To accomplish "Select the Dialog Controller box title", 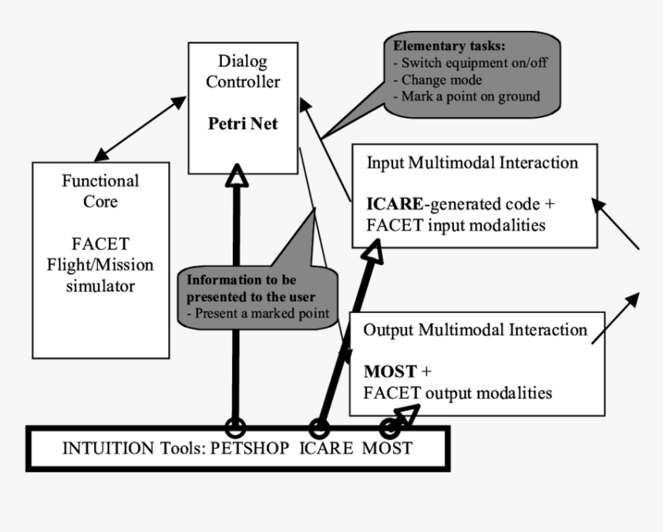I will [243, 70].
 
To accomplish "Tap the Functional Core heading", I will [101, 191].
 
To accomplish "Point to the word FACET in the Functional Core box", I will [101, 244].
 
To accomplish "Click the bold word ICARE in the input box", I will [395, 206].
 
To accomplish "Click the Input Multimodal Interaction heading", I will [472, 163].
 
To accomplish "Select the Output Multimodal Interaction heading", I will [475, 330].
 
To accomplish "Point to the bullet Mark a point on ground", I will [469, 96].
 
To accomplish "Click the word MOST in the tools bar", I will [388, 448].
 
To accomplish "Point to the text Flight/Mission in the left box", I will [101, 265].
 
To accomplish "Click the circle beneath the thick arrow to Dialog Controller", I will [235, 426].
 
